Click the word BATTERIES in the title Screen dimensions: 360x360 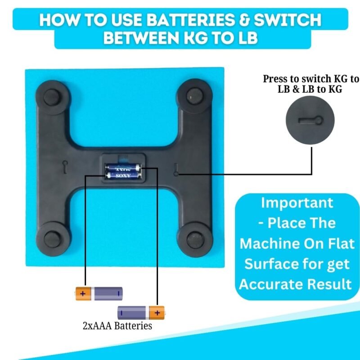coord(189,20)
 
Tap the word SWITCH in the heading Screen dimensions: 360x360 coord(288,20)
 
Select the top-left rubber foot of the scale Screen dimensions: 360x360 coord(51,97)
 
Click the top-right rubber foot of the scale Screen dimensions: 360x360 coord(195,96)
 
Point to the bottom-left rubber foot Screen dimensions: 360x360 coord(52,240)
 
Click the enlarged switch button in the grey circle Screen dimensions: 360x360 coord(310,120)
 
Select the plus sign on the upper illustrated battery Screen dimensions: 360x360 coord(83,293)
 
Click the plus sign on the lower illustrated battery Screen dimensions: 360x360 coord(157,313)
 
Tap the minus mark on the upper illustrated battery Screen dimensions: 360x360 coord(118,293)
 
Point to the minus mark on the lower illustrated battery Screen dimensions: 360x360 coord(121,313)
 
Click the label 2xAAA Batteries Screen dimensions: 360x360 coord(117,326)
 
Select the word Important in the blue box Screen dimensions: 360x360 coord(297,203)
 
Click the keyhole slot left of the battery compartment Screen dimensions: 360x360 coord(65,166)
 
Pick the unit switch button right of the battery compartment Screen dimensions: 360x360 coord(176,170)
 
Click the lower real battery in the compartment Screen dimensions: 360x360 coord(123,176)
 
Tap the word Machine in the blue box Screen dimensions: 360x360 coord(269,243)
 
